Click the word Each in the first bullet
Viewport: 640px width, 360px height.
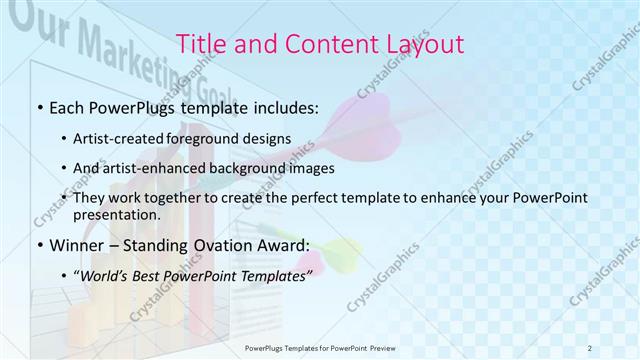tap(68, 106)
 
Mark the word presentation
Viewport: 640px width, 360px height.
tap(116, 215)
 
